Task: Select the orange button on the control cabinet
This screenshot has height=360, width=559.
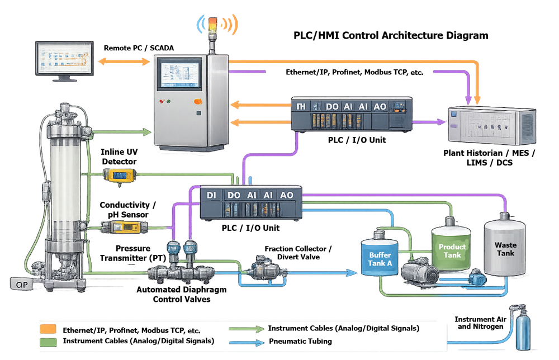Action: coord(197,101)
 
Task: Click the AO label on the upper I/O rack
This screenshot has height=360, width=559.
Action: coord(379,106)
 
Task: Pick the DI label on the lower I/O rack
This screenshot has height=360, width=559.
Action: coord(211,195)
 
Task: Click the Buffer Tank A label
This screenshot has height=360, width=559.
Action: coord(380,259)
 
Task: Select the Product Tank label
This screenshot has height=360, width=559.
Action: coord(452,251)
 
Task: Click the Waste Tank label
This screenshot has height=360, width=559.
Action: coord(505,249)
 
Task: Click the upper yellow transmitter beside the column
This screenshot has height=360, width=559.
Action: coord(118,176)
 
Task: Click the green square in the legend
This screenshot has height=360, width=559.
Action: coord(48,342)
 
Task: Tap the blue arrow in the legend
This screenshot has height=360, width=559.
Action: coord(247,343)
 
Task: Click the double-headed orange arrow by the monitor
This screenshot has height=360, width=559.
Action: coord(124,61)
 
